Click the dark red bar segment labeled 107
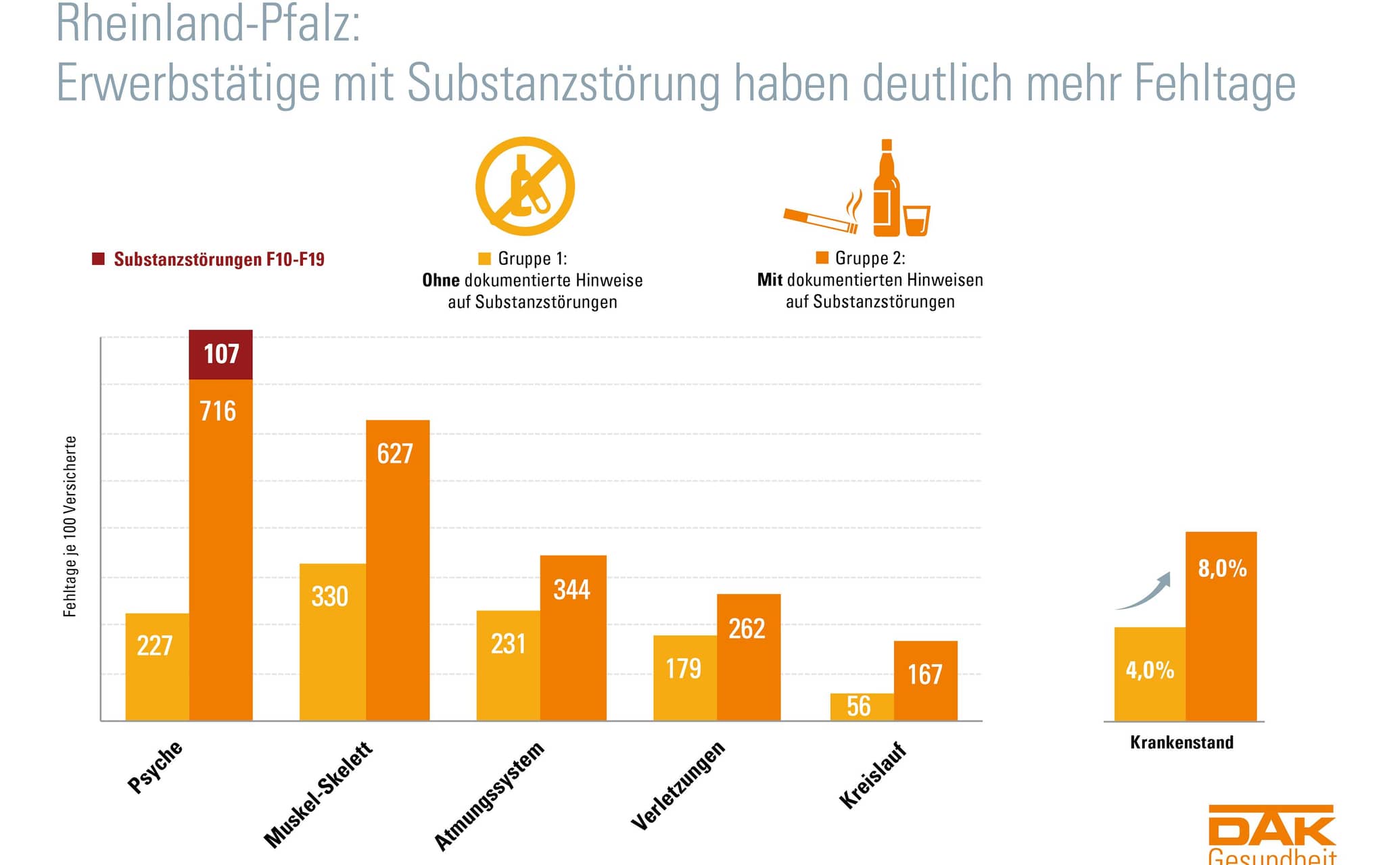220,355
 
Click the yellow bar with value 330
333,641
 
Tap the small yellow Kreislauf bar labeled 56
862,707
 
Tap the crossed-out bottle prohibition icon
525,187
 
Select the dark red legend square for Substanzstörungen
99,259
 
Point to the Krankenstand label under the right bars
1181,742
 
